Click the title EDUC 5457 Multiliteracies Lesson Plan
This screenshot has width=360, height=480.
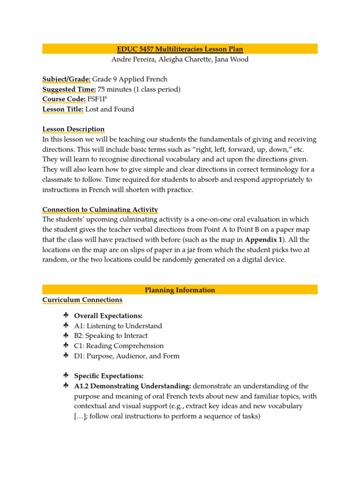point(180,49)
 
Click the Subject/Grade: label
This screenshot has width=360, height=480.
point(67,79)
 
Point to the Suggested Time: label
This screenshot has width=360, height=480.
point(69,89)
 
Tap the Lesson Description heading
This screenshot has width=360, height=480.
point(74,129)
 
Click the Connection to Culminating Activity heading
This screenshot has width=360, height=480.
point(100,210)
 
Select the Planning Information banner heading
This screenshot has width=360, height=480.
point(180,290)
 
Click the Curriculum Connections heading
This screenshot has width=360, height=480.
point(82,300)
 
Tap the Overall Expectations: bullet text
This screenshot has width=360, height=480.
point(108,316)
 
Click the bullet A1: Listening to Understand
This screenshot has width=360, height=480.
point(118,326)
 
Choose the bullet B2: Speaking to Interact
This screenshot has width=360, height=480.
point(111,336)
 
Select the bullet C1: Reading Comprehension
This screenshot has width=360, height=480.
point(119,346)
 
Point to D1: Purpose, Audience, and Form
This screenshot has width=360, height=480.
point(127,356)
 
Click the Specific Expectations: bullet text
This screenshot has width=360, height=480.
point(109,376)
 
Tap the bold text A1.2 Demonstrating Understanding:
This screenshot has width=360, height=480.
point(132,386)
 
